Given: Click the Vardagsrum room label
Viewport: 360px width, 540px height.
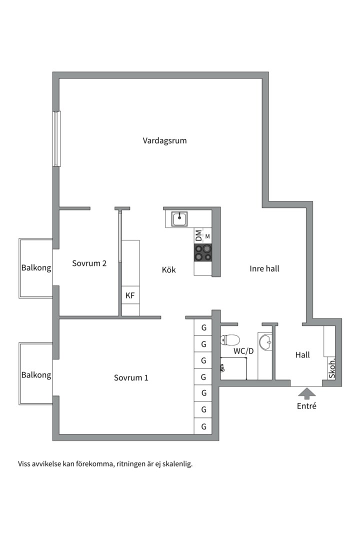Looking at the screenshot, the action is point(164,141).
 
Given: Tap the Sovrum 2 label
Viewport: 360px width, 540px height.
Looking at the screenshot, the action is point(89,263).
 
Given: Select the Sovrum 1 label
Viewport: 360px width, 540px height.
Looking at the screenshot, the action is point(131,378).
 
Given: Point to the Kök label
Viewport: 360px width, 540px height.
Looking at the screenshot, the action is point(169,269).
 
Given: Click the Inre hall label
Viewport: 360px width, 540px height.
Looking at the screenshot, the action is point(264,268).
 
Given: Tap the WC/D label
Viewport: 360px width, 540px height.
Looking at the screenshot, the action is point(243,351).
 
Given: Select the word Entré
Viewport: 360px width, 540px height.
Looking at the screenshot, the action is point(306,406).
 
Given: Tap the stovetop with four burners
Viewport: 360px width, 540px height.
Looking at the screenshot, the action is point(202,253).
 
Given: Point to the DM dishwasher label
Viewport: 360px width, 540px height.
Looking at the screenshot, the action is point(198,235).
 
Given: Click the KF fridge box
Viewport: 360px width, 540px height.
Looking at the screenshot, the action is point(130,295).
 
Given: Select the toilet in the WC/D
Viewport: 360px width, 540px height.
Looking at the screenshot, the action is point(230,340).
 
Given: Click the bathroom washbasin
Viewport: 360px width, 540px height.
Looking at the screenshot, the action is point(265,341).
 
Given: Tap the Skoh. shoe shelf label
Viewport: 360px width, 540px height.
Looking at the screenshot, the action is point(332,369).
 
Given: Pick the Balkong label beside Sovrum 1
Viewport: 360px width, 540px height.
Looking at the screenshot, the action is point(36,375).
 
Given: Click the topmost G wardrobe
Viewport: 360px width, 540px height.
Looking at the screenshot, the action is point(203,327).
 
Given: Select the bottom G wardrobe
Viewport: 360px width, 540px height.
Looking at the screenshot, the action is point(203,426).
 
